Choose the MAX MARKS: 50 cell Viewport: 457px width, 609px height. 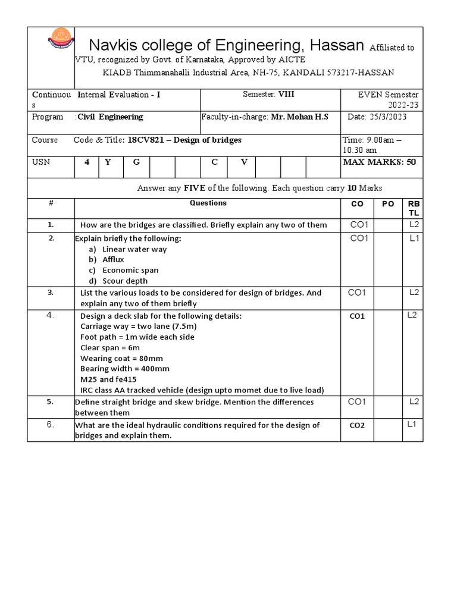point(379,162)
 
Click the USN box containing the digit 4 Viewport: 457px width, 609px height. point(86,162)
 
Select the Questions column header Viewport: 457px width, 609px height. point(208,203)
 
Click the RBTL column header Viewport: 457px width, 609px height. point(413,208)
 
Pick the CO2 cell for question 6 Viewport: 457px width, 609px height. point(357,425)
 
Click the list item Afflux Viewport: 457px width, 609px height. point(114,259)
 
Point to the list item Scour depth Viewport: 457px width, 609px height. point(125,281)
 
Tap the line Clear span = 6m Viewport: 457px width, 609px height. point(110,347)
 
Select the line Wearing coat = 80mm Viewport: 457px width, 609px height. point(121,358)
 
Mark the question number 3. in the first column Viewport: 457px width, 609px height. point(51,292)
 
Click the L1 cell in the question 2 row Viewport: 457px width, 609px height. point(413,238)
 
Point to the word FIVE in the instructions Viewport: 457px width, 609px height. point(194,188)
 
